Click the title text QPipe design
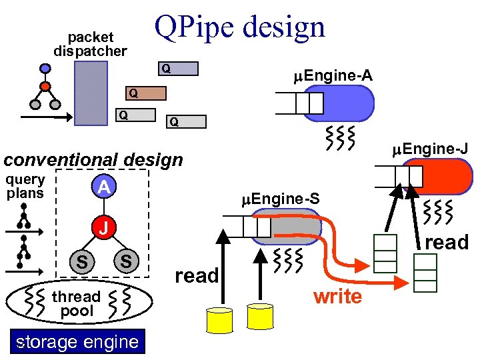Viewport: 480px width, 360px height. point(239,27)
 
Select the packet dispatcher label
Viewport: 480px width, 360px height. point(90,44)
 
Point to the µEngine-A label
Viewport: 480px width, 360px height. point(333,77)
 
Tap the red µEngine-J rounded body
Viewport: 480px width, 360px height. point(447,175)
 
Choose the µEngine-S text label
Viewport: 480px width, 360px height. point(280,198)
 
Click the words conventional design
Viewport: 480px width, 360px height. point(93,160)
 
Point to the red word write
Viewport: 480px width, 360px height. point(337,296)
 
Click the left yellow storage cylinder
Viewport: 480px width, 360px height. point(219,320)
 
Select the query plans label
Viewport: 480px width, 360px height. point(25,186)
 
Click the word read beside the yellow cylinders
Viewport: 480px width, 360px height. point(197,275)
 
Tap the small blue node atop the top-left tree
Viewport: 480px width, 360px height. point(45,68)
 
